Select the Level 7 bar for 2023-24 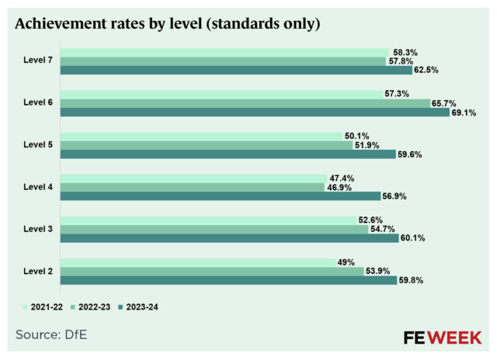pyautogui.click(x=225, y=70)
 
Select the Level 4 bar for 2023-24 pyautogui.click(x=221, y=196)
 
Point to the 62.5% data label pyautogui.click(x=405, y=70)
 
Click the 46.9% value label pyautogui.click(x=339, y=187)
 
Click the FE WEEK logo pyautogui.click(x=443, y=337)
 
